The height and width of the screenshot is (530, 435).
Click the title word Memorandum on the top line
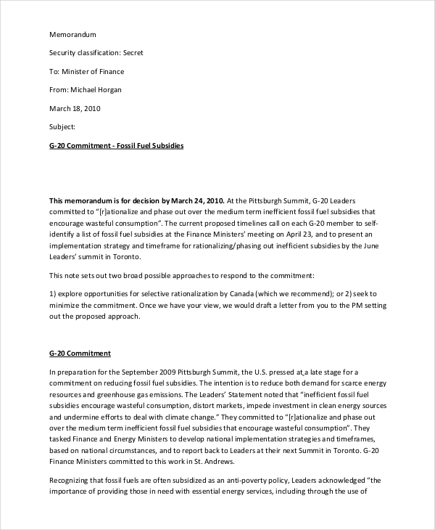(x=72, y=34)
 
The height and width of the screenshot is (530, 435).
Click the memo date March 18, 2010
(x=75, y=109)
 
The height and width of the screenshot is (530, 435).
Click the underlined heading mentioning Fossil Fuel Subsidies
(x=116, y=146)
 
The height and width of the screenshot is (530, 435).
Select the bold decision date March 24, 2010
(x=197, y=200)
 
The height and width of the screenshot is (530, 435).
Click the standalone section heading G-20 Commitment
(x=80, y=353)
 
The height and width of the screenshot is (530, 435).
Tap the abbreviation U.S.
(x=253, y=372)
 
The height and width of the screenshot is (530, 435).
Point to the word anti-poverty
(x=248, y=480)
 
